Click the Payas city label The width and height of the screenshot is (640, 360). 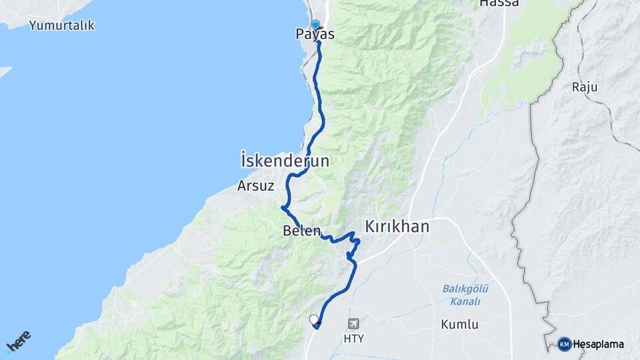[315, 35]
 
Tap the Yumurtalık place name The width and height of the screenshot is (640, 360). [62, 26]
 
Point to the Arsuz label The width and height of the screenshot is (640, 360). [256, 187]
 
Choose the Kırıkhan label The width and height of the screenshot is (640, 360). [397, 227]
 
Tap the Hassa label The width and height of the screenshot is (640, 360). [499, 3]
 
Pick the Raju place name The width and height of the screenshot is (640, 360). [585, 87]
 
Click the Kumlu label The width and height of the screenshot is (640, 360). [459, 325]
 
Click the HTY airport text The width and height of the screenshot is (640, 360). [353, 339]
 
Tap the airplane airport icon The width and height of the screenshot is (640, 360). [353, 324]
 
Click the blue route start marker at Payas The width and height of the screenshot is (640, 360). [315, 25]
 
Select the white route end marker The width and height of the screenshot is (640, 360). [314, 320]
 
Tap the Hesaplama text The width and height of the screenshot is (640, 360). [599, 344]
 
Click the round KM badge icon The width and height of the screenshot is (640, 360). [565, 344]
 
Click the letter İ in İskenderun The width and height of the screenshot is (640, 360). [245, 161]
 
